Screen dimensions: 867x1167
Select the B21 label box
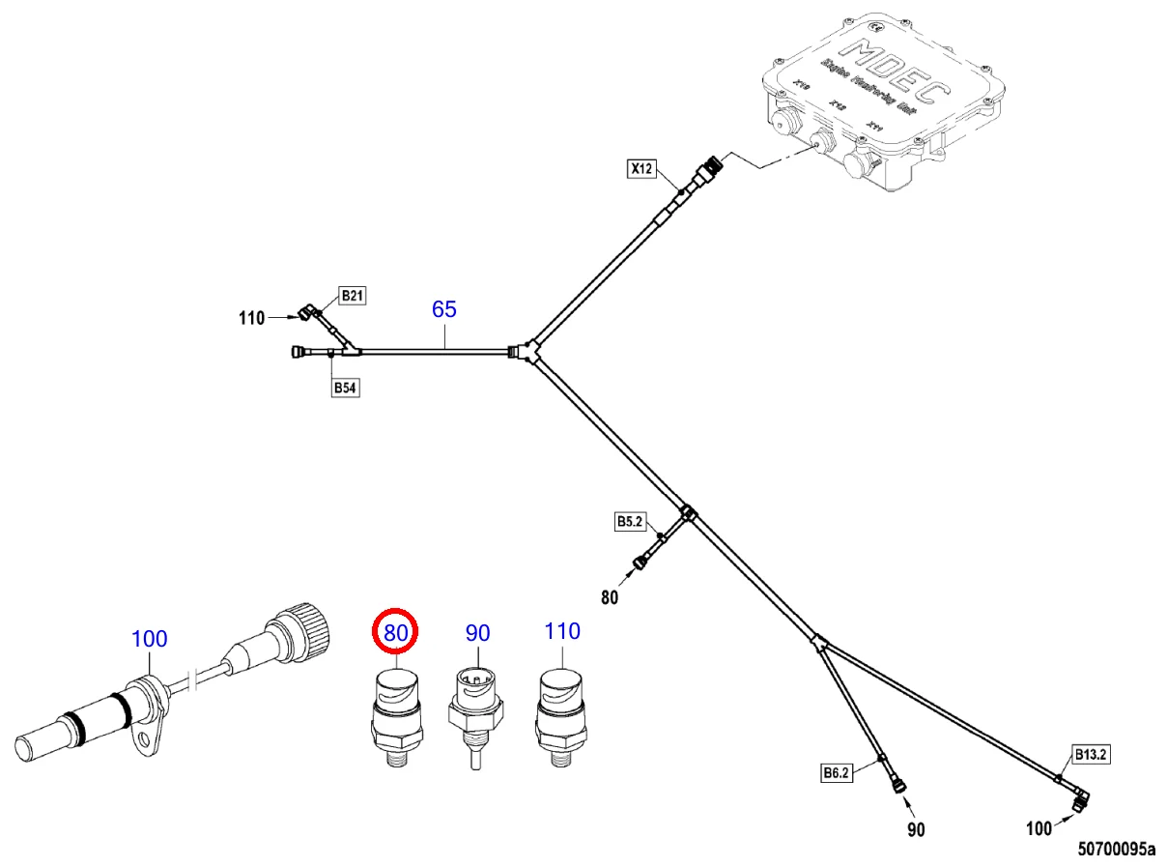point(352,296)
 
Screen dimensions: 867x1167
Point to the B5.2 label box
point(629,522)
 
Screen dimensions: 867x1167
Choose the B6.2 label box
point(836,772)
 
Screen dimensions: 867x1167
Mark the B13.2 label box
point(1089,753)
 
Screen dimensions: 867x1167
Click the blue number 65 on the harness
point(444,309)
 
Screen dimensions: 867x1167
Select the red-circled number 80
point(395,633)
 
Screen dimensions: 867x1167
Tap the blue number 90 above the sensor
point(477,633)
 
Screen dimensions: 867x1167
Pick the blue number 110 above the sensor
point(562,631)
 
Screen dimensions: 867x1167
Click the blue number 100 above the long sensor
point(149,638)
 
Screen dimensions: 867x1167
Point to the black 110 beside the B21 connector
point(252,317)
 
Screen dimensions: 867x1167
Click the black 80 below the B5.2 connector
point(610,597)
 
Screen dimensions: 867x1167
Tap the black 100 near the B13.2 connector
point(1039,828)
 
